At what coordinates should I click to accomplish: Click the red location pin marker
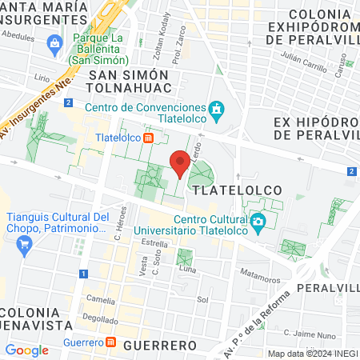point(181,164)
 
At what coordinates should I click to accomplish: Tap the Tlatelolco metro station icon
point(149,137)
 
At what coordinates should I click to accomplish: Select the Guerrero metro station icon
point(111,342)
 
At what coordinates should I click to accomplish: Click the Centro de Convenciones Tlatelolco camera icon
point(216,108)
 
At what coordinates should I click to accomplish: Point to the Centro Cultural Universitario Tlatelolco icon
point(258,222)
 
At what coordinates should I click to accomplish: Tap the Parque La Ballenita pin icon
point(55,42)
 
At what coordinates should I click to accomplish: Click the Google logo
point(26,350)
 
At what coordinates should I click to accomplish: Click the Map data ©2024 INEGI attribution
point(311,354)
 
